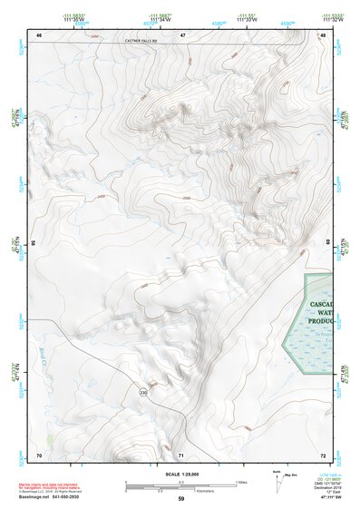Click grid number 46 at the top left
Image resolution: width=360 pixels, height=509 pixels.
pos(39,34)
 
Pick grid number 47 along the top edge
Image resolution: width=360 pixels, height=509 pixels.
pos(182,34)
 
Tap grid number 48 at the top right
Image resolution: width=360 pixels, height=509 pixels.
pos(323,34)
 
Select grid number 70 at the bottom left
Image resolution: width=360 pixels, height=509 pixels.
pos(39,454)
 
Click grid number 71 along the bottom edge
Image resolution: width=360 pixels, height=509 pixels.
pos(181,454)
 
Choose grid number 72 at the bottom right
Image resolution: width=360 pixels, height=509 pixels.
pos(323,454)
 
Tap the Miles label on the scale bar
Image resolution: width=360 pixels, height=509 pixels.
pos(239,481)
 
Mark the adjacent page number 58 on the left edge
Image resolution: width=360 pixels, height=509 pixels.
pos(33,243)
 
